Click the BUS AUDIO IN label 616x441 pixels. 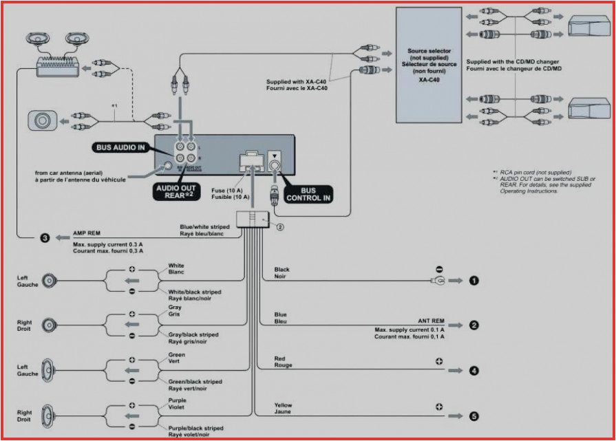121,148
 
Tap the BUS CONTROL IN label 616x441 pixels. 308,194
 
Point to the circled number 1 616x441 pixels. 474,281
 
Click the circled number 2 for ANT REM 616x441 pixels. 474,325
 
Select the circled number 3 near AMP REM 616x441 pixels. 45,238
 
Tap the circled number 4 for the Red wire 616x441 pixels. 474,371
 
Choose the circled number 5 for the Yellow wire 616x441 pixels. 474,416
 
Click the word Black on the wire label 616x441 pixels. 282,270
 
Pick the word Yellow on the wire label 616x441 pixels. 283,405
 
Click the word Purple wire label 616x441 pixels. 178,400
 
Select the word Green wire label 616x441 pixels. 177,355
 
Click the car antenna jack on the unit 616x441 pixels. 167,166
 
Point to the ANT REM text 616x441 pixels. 431,321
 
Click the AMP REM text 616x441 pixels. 86,233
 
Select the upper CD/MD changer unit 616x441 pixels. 588,28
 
